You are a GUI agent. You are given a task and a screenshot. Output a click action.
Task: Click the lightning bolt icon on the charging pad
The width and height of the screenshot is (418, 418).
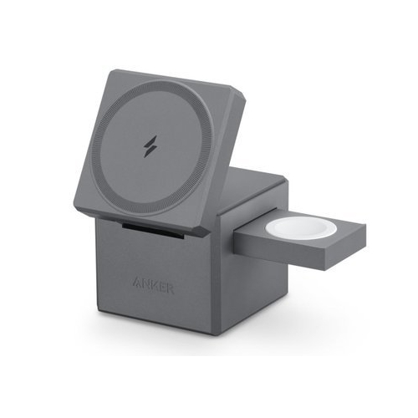coord(150,146)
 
